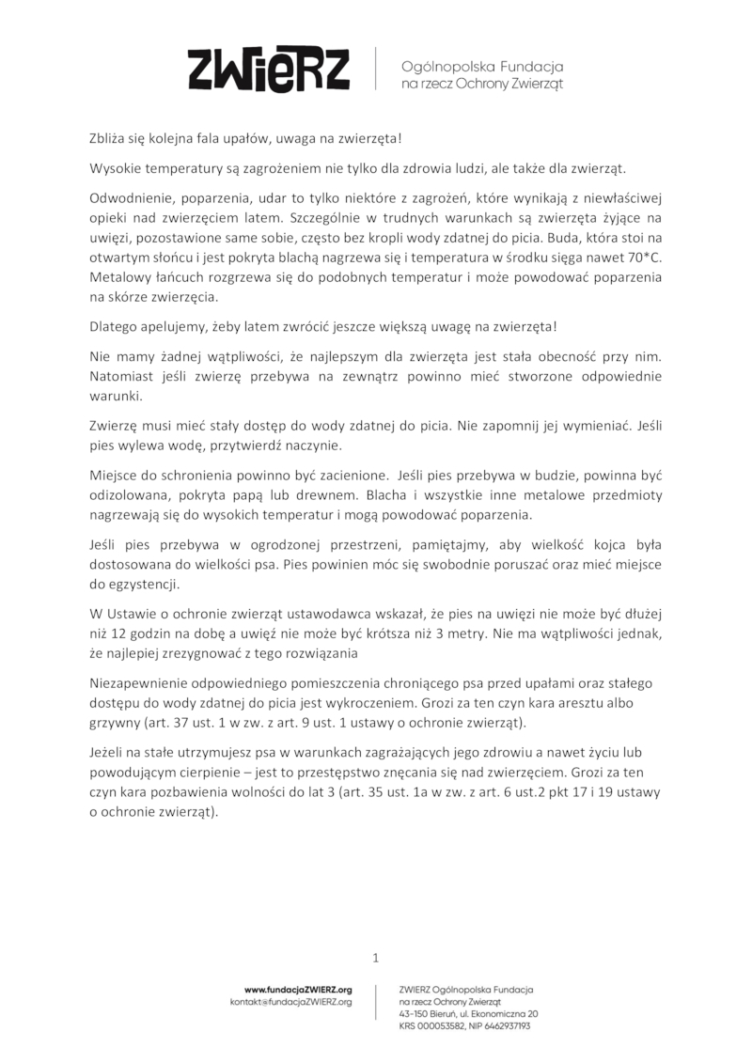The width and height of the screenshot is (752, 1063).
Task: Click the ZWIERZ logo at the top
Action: pos(270,69)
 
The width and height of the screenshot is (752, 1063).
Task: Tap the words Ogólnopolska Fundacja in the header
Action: pos(481,67)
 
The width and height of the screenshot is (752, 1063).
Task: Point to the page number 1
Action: pos(376,958)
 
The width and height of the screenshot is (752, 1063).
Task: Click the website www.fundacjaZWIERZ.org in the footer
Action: pos(298,990)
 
